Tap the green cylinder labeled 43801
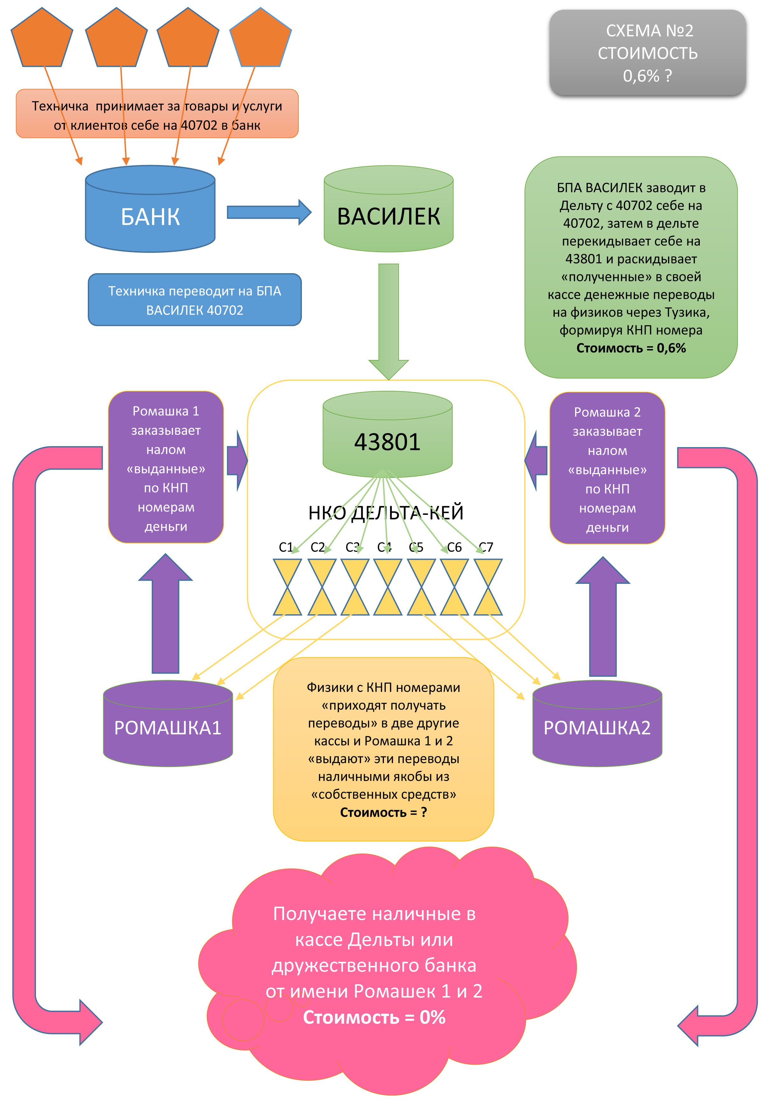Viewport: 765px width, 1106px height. click(x=387, y=441)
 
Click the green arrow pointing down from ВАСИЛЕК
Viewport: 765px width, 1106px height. click(x=388, y=321)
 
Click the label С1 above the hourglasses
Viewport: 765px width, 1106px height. click(x=286, y=547)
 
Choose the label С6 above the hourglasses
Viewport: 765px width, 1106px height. click(x=454, y=547)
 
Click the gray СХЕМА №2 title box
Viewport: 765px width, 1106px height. click(x=647, y=53)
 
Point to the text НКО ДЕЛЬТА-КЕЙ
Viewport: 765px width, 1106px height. click(x=386, y=513)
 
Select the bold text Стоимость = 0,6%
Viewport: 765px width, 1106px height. click(x=631, y=348)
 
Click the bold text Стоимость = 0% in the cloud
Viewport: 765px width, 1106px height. click(x=374, y=1017)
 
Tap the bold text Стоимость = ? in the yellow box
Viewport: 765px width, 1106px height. click(x=383, y=812)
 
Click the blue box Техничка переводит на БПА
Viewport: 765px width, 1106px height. click(x=195, y=300)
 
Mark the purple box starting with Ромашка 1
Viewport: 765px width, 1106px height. click(x=166, y=467)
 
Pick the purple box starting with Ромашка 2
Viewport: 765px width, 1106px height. click(x=607, y=468)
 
